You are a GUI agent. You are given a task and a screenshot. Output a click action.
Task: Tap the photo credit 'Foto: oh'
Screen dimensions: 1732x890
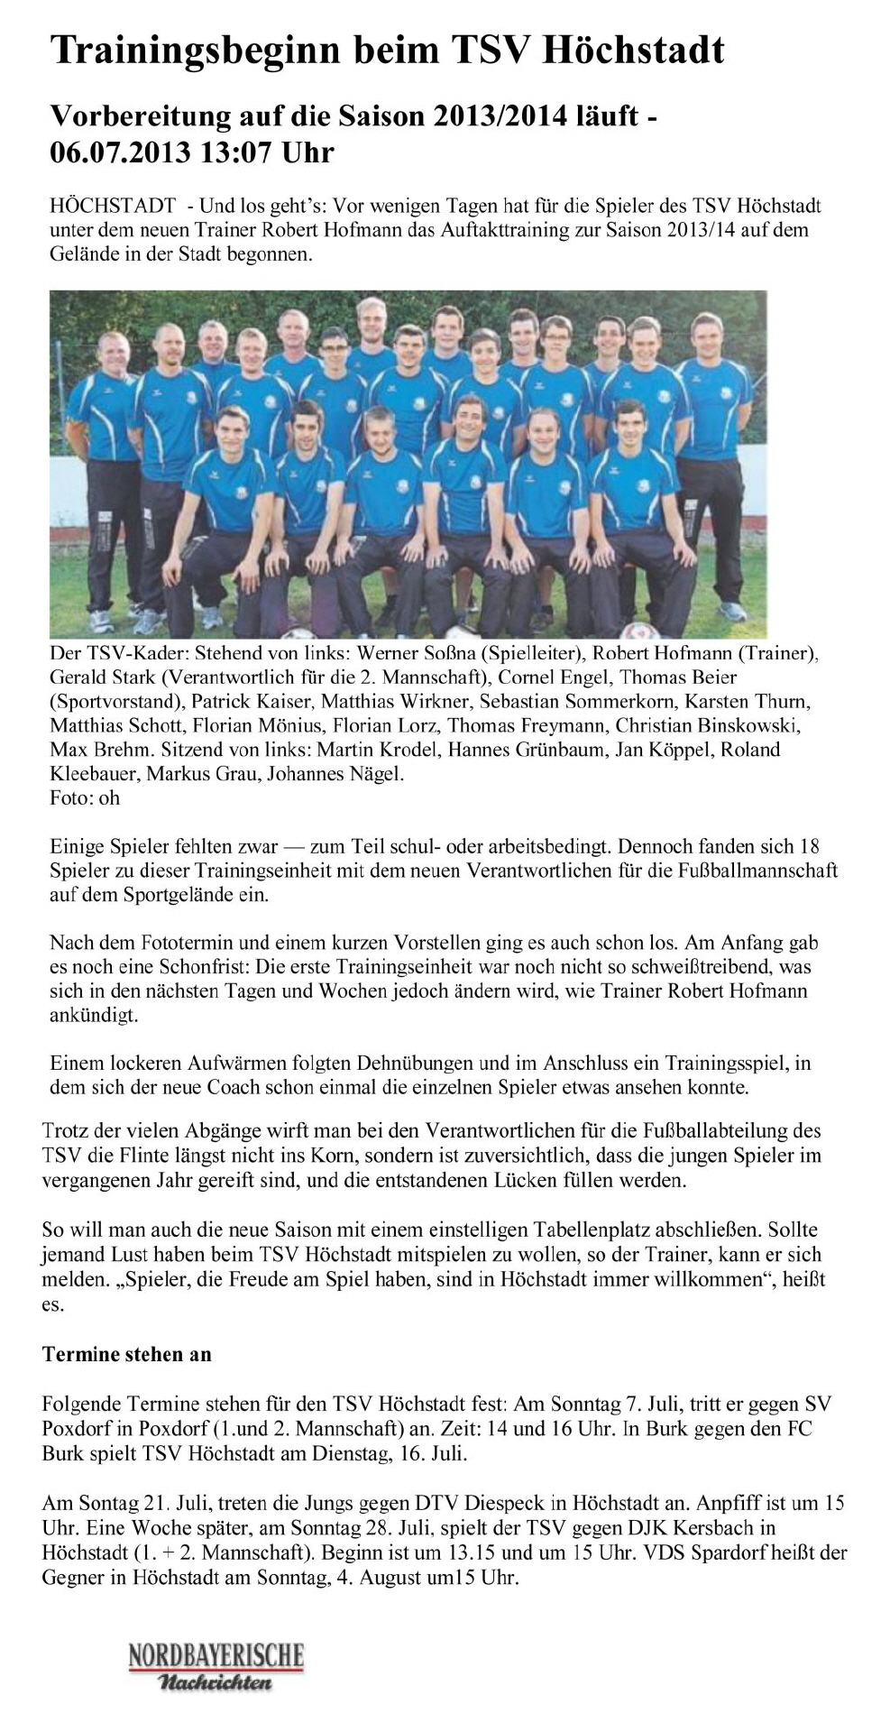(85, 797)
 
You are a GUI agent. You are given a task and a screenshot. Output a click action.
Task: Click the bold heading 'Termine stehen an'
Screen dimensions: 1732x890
(126, 1354)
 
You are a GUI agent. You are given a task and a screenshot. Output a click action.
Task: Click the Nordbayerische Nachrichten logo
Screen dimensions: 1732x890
(216, 1666)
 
